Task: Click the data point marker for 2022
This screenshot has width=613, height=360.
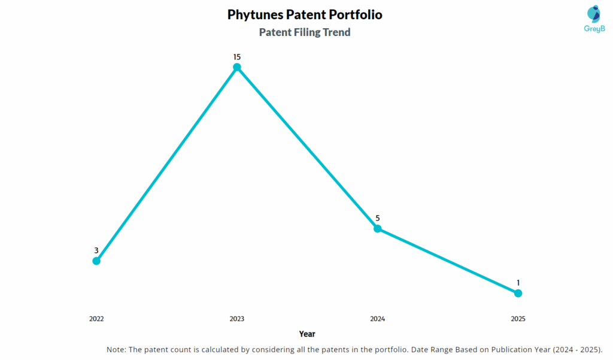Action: point(96,261)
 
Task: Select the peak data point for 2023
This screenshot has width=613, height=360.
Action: point(237,67)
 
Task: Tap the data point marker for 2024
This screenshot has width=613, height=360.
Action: point(377,228)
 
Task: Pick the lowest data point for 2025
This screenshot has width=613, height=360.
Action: point(518,293)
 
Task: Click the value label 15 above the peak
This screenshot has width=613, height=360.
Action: point(237,57)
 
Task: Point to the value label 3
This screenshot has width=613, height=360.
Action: point(96,250)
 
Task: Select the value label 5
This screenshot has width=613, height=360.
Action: point(377,218)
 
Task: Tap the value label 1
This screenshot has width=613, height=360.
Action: point(518,283)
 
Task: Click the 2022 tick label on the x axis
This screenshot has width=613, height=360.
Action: point(96,319)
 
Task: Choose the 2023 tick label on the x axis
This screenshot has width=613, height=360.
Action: point(237,319)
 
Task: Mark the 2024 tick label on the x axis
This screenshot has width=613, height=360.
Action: point(377,319)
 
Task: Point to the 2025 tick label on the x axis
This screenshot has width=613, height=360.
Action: point(518,319)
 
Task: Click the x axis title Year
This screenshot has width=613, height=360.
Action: point(307,334)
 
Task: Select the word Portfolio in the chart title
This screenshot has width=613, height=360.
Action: point(355,14)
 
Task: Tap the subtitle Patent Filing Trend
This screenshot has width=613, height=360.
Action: point(305,32)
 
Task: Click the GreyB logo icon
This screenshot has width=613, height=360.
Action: point(594,14)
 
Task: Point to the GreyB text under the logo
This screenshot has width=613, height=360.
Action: point(594,29)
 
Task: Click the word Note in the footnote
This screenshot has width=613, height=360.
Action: point(116,349)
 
